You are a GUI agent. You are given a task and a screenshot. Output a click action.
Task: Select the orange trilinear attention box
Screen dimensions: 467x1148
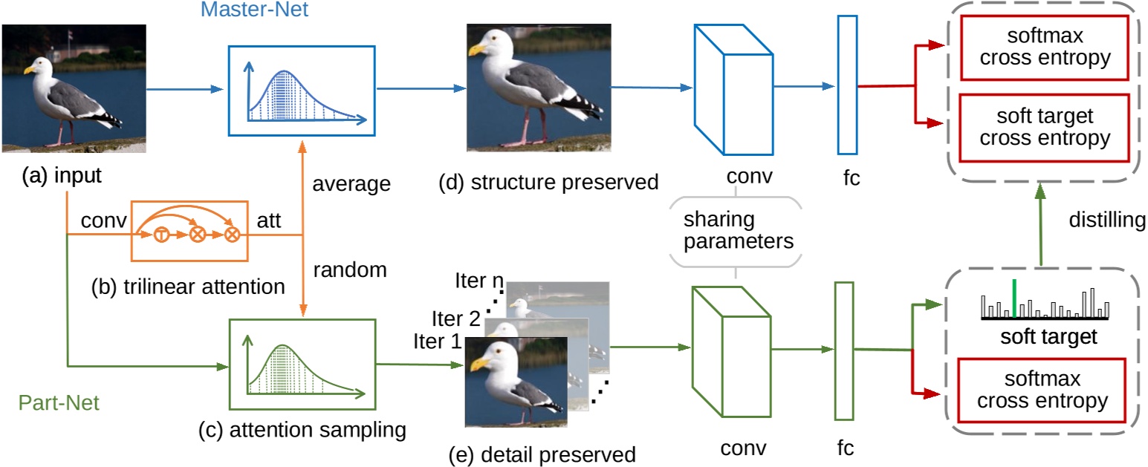(189, 232)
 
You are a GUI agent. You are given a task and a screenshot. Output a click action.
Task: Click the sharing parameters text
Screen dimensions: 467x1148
(736, 231)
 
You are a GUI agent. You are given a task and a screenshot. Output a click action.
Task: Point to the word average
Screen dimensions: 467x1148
(351, 183)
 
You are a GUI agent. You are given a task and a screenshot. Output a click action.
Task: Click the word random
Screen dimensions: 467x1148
(349, 270)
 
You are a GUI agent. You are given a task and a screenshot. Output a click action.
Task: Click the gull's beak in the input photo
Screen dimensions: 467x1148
(30, 71)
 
